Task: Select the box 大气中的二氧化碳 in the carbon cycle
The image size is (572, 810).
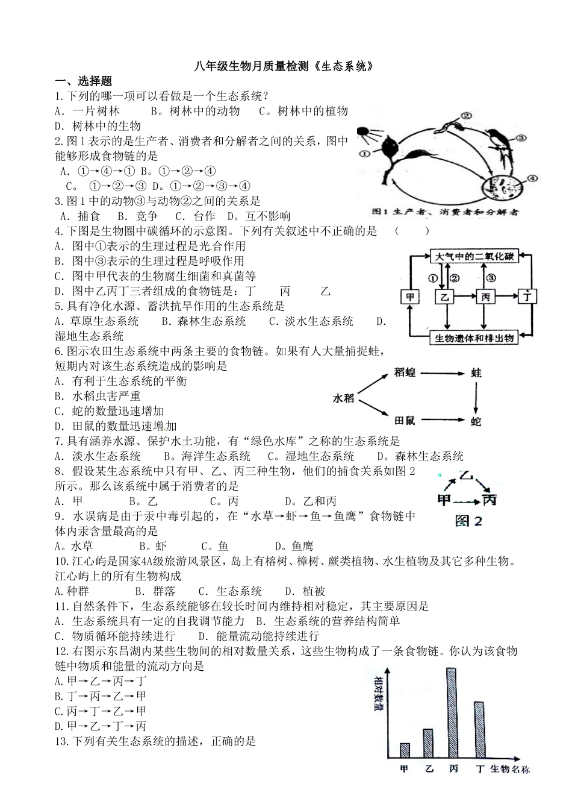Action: tap(475, 256)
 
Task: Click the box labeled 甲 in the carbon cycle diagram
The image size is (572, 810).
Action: tap(410, 297)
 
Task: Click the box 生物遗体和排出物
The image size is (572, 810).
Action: tap(475, 338)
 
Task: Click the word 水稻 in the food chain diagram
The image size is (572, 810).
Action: tap(344, 397)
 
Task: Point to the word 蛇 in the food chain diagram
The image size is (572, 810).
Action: tap(476, 421)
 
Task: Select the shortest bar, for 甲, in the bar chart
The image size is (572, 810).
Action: tap(405, 750)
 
